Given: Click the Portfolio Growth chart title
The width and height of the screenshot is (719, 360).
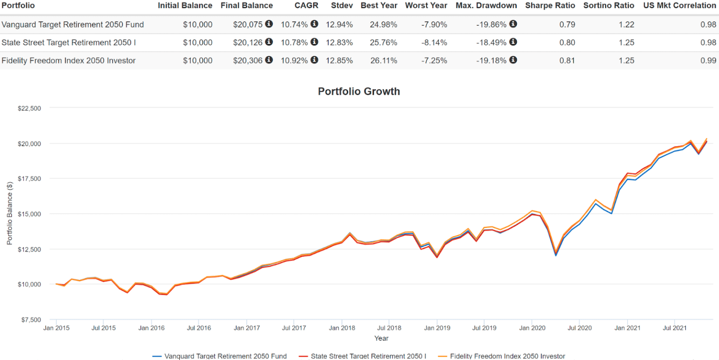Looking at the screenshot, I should [359, 91].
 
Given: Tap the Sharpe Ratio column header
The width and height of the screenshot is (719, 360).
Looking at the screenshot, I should [550, 6].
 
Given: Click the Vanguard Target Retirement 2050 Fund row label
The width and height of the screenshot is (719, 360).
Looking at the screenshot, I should [73, 24].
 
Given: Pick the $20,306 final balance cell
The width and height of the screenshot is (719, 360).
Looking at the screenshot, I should [249, 60].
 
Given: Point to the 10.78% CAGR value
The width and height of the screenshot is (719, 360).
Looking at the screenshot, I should [294, 43].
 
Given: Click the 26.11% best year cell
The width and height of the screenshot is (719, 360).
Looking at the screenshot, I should [383, 60].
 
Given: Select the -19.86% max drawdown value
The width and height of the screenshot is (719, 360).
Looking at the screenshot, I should [492, 24].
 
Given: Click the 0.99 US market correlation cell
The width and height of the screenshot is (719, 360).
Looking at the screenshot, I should [708, 60].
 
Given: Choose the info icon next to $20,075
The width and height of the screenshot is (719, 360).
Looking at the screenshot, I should [269, 24].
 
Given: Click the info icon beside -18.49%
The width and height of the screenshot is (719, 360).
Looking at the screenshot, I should [513, 42].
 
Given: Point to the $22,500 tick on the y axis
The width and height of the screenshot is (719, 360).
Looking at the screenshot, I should [29, 108].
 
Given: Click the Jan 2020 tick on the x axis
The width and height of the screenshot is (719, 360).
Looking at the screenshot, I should [532, 328].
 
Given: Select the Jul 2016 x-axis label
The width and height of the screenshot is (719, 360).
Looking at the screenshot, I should [198, 328].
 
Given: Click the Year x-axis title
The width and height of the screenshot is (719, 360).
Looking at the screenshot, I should [381, 338].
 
